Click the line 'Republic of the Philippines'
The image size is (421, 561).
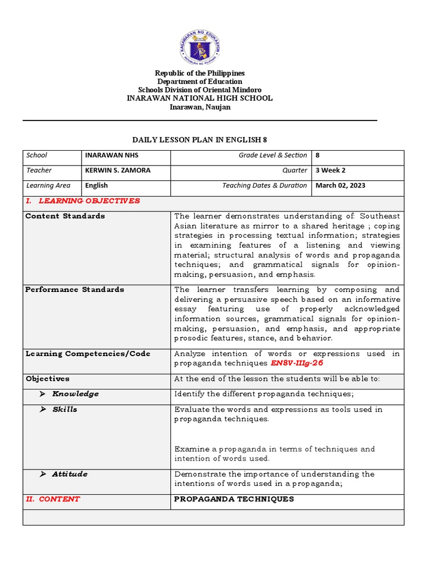(x=200, y=73)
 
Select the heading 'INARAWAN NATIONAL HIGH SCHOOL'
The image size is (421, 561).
(x=200, y=98)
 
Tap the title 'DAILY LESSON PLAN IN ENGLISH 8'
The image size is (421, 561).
(x=200, y=140)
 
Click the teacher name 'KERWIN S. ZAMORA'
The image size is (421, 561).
(x=118, y=170)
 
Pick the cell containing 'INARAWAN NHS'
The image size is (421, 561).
(x=112, y=156)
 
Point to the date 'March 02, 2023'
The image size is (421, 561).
(x=340, y=186)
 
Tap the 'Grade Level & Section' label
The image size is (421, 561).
(x=272, y=156)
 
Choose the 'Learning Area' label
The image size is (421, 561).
(x=48, y=186)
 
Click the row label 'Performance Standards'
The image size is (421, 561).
(x=75, y=290)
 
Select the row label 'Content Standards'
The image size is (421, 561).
(x=65, y=216)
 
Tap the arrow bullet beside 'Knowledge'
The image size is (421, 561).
(x=43, y=394)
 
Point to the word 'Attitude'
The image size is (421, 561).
(x=70, y=474)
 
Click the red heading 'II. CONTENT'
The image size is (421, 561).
(x=53, y=499)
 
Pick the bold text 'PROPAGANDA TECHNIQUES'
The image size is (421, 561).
(x=234, y=499)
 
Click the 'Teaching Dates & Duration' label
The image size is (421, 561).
(x=264, y=186)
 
